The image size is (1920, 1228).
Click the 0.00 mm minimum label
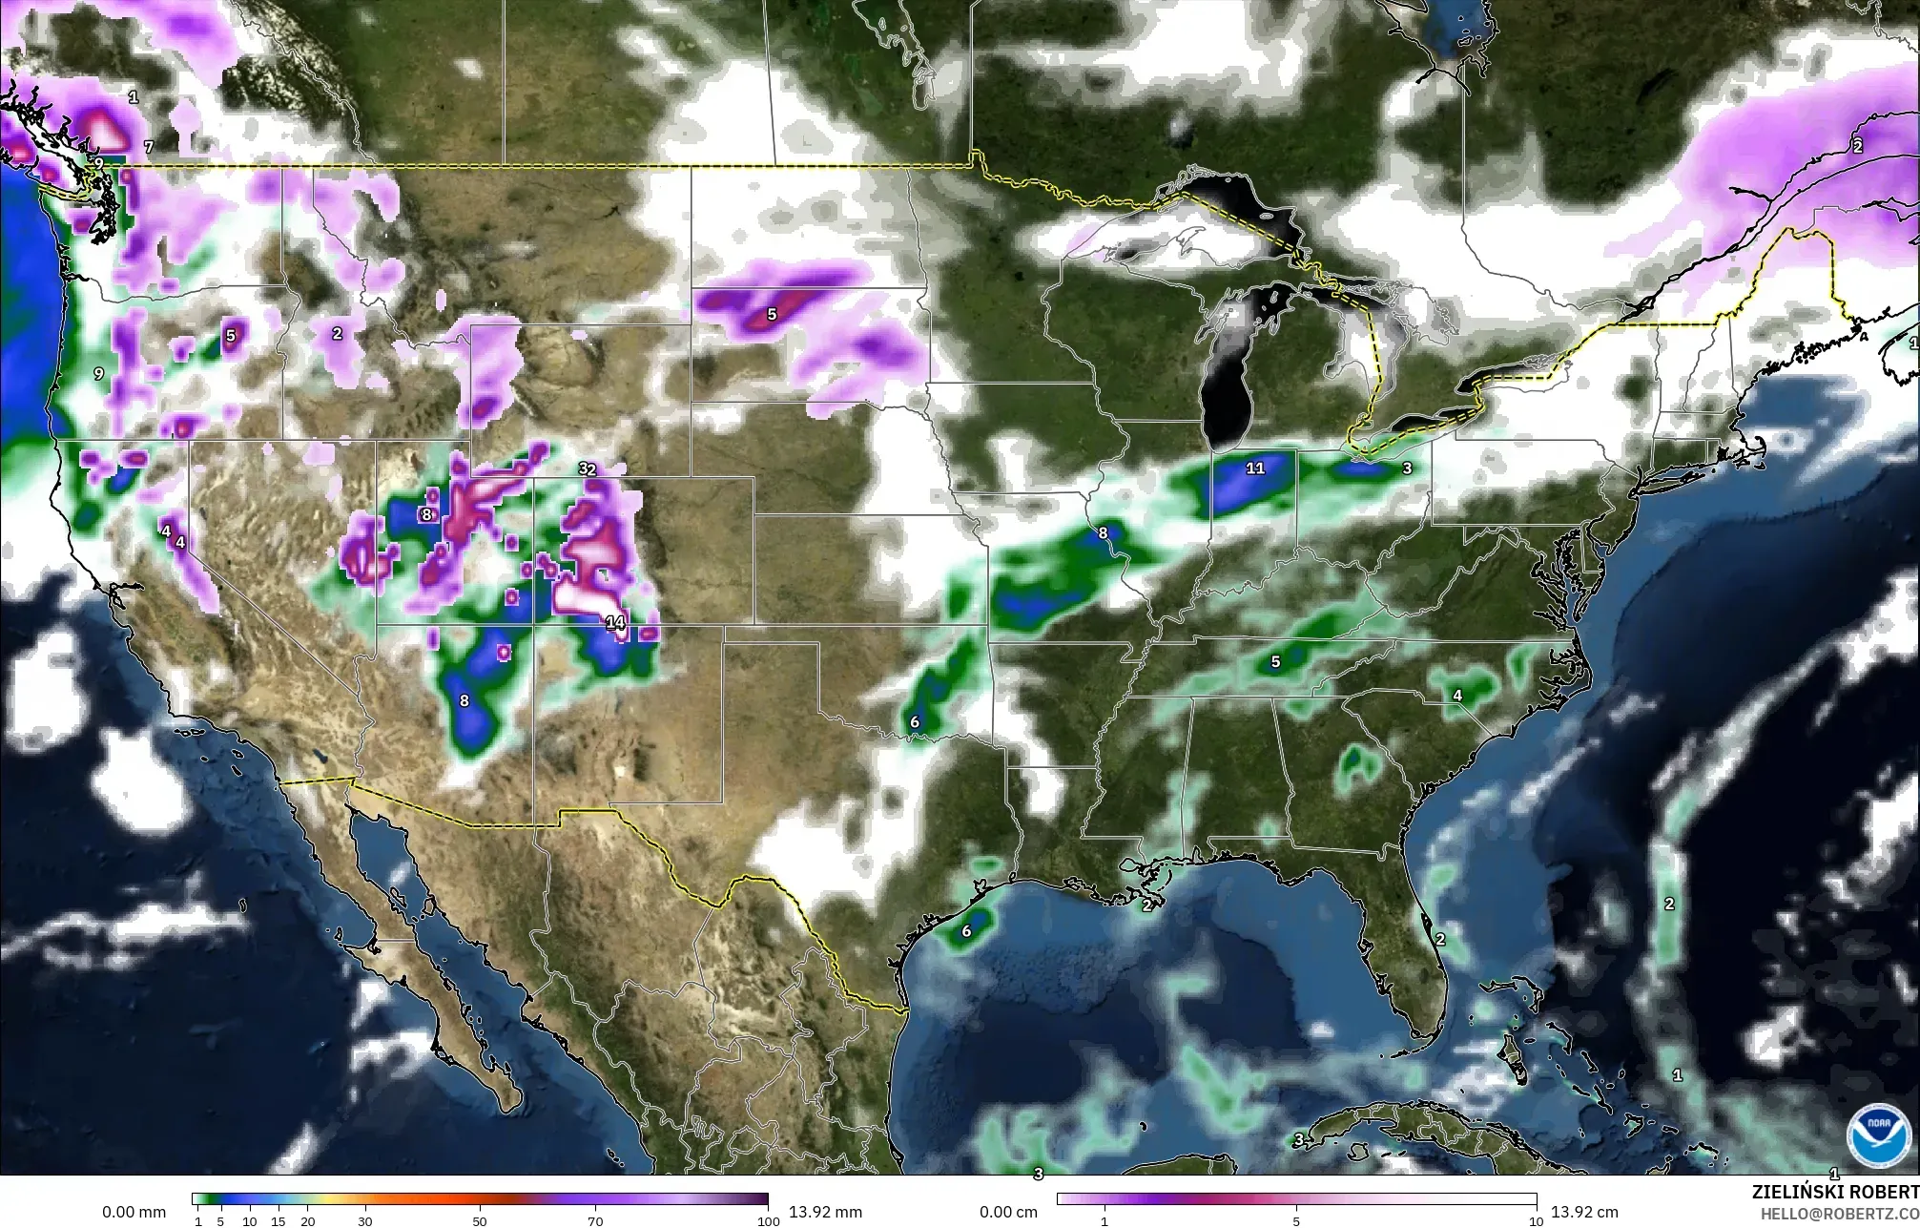(x=134, y=1213)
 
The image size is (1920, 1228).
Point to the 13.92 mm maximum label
(x=826, y=1213)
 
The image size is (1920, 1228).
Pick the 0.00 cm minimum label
(x=1009, y=1213)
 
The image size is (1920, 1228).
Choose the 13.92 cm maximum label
(x=1584, y=1213)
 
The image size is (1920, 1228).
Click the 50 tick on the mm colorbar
(x=480, y=1221)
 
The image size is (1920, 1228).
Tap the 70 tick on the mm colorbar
(x=595, y=1221)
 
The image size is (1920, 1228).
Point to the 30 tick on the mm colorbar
(x=364, y=1221)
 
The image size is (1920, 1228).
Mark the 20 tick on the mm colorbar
(x=307, y=1221)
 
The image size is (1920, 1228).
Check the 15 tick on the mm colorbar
(x=279, y=1221)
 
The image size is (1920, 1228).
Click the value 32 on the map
(x=587, y=469)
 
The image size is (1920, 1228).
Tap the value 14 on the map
(x=615, y=623)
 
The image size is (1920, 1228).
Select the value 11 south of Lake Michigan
(x=1254, y=468)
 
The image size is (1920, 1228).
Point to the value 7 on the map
(x=148, y=147)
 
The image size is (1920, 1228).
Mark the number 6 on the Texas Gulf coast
(x=966, y=931)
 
